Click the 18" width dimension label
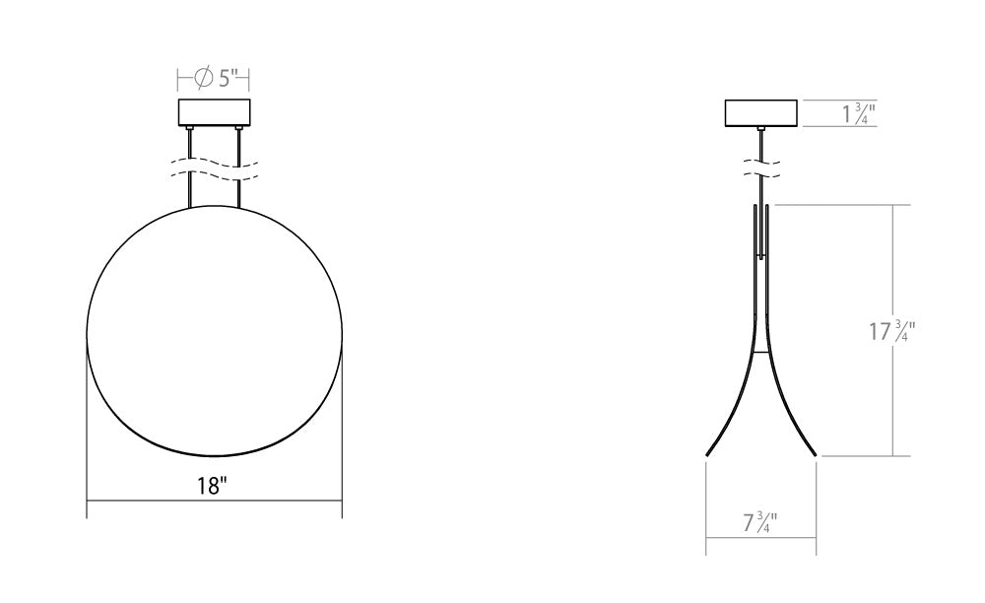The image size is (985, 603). tap(214, 486)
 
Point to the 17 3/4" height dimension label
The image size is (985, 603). tap(892, 331)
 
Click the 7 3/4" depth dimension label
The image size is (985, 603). tap(760, 522)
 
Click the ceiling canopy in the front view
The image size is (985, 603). tap(214, 113)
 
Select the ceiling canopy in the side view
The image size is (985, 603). tap(760, 113)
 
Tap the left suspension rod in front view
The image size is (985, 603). tap(189, 167)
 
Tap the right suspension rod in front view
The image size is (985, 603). tap(238, 167)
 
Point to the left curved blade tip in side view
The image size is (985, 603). tap(709, 452)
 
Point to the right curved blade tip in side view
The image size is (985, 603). tap(814, 452)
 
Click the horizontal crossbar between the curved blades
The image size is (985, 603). tap(760, 353)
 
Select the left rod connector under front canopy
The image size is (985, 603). tap(189, 130)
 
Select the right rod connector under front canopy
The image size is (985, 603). tap(238, 130)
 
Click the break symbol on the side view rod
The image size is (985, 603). tap(760, 167)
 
